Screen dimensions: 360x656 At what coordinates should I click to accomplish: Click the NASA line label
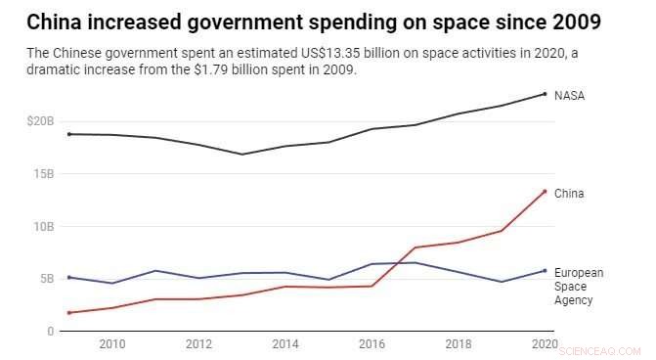tap(570, 95)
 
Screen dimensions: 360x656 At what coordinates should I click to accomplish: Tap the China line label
tap(569, 194)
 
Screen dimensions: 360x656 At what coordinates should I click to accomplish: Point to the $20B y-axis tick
tap(40, 121)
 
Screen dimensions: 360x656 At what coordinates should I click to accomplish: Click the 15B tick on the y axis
tap(44, 173)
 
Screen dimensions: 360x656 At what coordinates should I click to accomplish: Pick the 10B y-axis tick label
tap(44, 226)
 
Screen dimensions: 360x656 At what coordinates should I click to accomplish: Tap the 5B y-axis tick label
tap(47, 279)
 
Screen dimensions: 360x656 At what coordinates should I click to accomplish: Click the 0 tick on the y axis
tap(50, 332)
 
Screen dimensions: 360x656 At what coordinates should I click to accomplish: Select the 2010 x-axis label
tap(111, 345)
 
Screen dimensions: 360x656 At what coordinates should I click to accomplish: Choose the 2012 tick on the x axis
tap(198, 345)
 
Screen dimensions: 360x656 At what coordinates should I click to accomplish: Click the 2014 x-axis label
tap(284, 345)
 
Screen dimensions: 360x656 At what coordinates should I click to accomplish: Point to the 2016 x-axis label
tap(372, 345)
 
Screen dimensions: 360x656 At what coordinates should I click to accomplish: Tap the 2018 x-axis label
tap(458, 345)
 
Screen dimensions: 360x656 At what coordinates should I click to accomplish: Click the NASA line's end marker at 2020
tap(545, 94)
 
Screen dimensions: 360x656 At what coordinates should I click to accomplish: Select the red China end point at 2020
tap(545, 192)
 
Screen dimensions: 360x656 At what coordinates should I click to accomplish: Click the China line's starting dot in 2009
tap(68, 313)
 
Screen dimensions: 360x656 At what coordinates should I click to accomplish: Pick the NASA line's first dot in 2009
tap(68, 134)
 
